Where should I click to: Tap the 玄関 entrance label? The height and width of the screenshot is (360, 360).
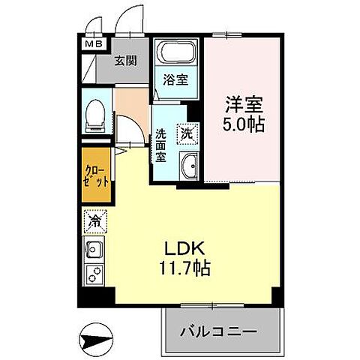coord(124,62)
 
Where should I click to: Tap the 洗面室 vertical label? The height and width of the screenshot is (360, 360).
coord(160,147)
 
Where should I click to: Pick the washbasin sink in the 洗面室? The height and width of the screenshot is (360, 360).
coord(189,164)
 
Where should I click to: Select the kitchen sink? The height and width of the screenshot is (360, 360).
coord(94,250)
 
